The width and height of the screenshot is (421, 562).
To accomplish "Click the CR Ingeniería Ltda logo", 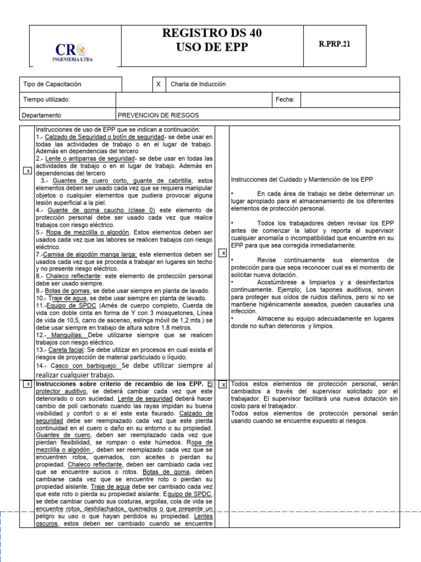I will coord(75,50).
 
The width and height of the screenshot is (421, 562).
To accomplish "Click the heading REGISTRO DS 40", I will coord(212,33).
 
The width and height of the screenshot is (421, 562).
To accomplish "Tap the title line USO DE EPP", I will coord(212,48).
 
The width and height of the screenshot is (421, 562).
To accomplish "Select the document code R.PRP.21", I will coord(334,45).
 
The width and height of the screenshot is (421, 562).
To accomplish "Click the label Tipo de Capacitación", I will coord(52,84).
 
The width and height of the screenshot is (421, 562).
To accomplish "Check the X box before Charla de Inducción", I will coord(158,84).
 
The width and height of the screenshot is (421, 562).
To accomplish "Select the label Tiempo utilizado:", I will coord(47,99).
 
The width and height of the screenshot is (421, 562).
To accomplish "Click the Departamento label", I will coord(42,115).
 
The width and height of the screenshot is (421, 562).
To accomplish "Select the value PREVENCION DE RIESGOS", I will coord(158,115).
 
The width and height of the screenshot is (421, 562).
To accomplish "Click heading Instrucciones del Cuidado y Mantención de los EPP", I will coord(310,180).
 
